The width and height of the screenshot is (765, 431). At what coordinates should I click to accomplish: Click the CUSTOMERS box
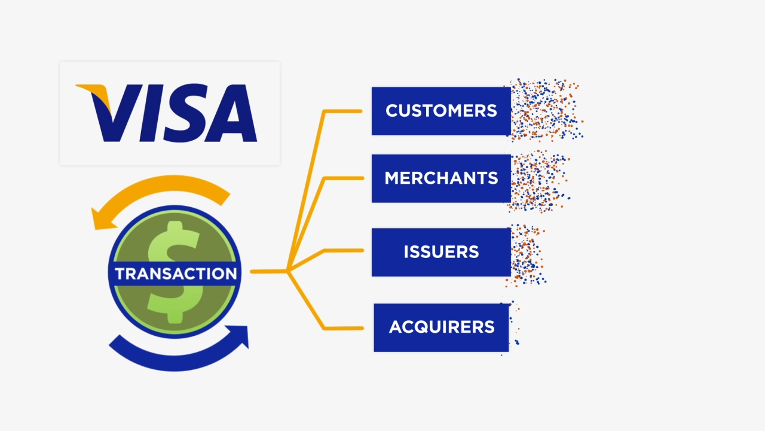pos(441,111)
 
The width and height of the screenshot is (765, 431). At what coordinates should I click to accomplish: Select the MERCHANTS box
pos(441,178)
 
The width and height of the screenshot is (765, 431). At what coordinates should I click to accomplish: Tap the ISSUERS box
pos(441,252)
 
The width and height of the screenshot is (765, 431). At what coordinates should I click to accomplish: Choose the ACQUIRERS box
pos(441,327)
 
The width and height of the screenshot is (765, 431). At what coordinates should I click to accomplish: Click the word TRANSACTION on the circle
pos(176,274)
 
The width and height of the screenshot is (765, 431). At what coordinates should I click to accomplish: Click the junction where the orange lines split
pos(288,271)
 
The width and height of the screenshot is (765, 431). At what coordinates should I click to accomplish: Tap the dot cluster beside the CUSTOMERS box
pos(545,110)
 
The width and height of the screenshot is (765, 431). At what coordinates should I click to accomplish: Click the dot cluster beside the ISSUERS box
pos(526,254)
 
